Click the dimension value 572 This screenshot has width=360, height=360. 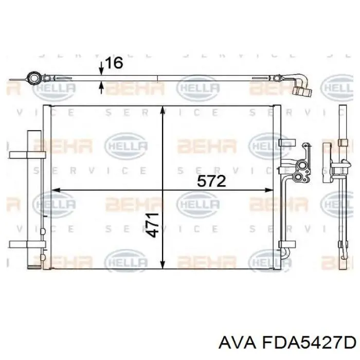coord(211,181)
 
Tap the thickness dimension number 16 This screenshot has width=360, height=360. coord(113,63)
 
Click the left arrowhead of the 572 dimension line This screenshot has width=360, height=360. coord(56,190)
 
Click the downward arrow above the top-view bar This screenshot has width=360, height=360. coord(102,73)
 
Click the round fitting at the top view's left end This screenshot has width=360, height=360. coord(34,79)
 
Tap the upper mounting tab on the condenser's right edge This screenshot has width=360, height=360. coord(285,140)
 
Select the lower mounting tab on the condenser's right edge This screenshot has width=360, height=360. coord(285,245)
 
